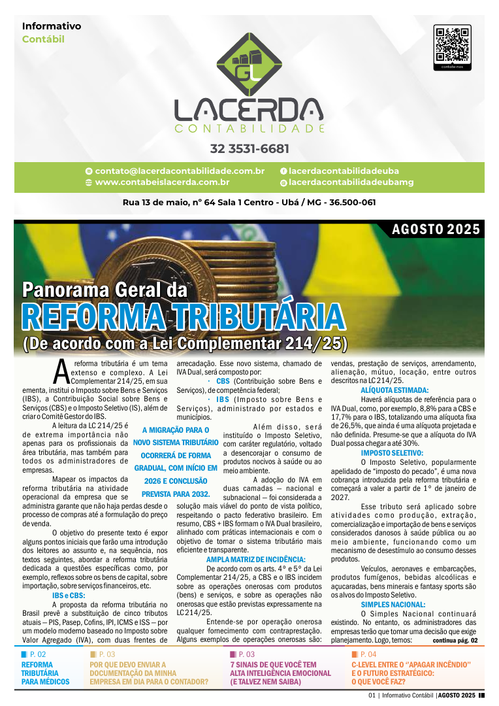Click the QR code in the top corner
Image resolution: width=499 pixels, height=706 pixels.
(452, 44)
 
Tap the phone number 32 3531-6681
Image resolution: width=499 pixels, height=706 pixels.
(249, 148)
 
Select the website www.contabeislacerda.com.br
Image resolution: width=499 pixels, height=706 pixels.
(162, 182)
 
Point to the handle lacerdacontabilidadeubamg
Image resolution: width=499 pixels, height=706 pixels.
(351, 182)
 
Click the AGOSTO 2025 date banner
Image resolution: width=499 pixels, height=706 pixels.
(436, 229)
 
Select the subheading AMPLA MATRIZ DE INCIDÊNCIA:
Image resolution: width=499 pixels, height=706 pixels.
(255, 559)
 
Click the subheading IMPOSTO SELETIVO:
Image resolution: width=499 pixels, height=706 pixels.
(392, 452)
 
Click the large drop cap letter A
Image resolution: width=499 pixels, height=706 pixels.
(61, 371)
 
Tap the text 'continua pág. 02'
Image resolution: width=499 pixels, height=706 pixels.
(455, 640)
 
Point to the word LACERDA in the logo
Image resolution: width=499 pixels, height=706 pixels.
(249, 109)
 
